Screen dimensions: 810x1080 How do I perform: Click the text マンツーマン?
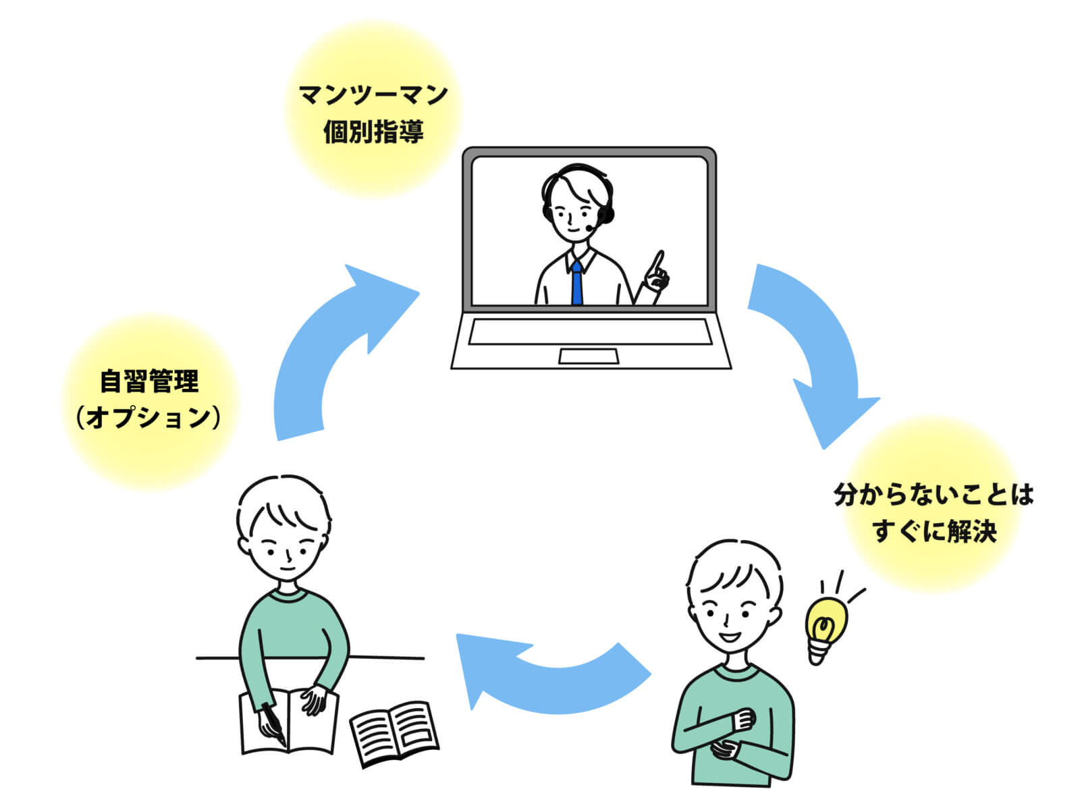(x=373, y=94)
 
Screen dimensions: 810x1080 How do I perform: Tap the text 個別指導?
(x=373, y=131)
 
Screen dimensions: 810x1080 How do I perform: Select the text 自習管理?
(x=150, y=381)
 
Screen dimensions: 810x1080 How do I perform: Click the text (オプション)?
(x=149, y=418)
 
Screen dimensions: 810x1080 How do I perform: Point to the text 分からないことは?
(x=934, y=495)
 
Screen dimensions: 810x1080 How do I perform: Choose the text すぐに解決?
(x=934, y=531)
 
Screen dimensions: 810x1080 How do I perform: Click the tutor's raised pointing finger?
(x=659, y=261)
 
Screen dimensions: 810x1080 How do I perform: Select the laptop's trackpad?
(x=588, y=356)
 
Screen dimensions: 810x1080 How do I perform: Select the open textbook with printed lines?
(x=394, y=732)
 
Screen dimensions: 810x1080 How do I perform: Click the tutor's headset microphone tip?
(x=590, y=229)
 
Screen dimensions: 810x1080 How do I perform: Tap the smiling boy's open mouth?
(x=730, y=636)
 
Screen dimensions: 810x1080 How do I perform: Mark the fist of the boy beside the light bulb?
(x=744, y=718)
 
